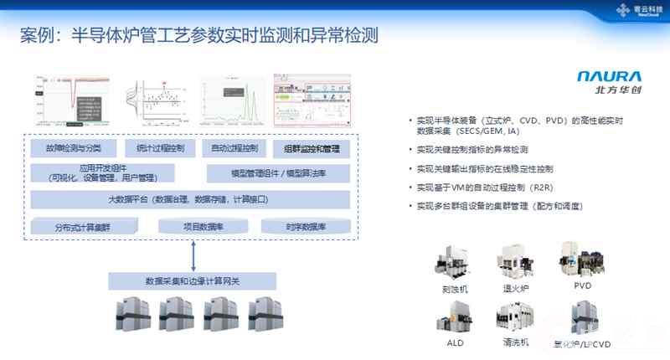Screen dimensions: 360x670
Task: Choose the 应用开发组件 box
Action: pyautogui.click(x=102, y=172)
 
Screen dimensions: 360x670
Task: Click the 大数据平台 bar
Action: pyautogui.click(x=192, y=199)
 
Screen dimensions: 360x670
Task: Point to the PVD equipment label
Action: pyautogui.click(x=582, y=286)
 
